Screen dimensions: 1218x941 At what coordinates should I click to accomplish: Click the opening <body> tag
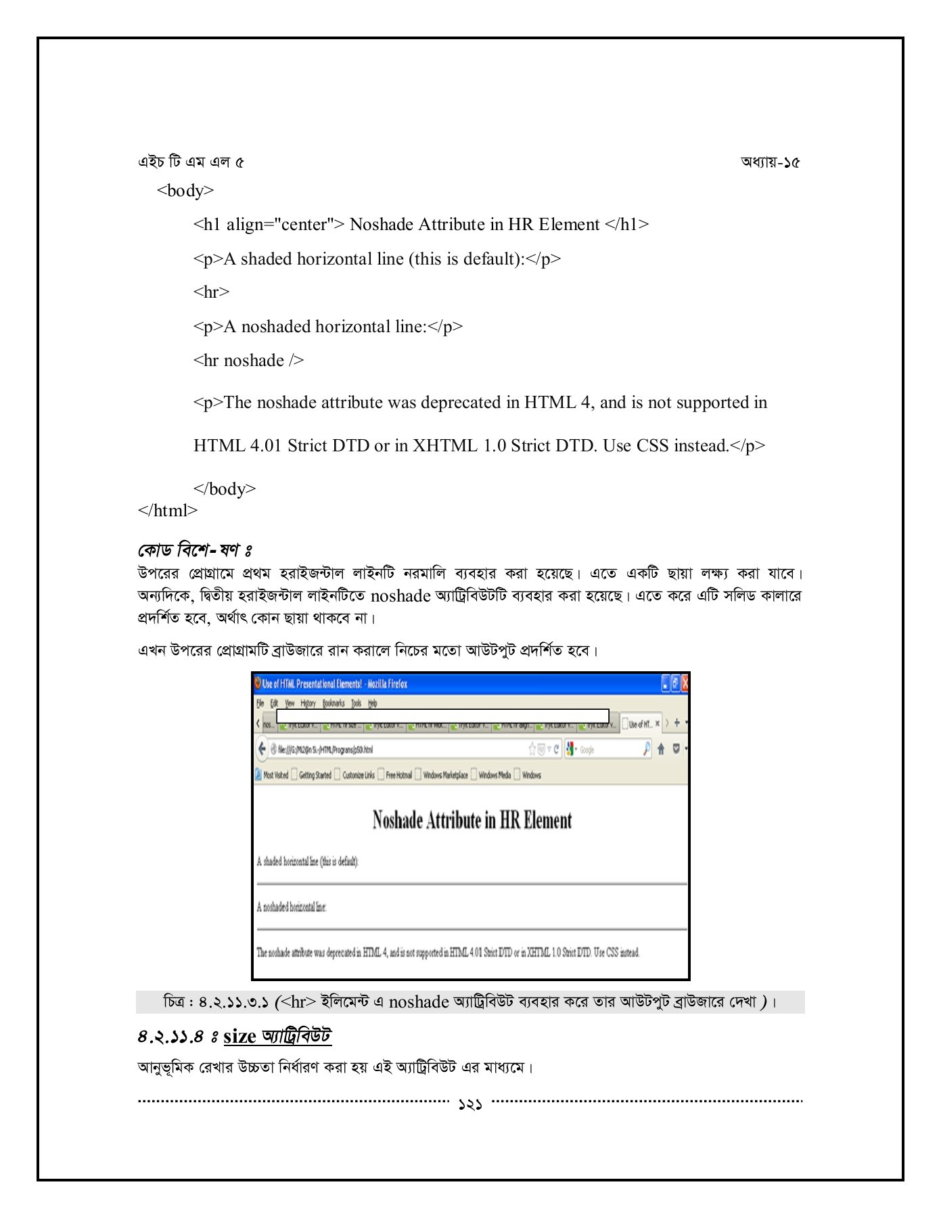185,191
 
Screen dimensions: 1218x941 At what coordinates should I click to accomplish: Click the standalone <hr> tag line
211,292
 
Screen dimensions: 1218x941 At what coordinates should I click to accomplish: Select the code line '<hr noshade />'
248,361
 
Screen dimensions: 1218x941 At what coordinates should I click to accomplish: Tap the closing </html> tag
167,510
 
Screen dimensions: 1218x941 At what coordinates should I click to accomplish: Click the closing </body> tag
225,489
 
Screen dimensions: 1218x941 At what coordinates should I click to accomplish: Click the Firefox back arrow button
262,748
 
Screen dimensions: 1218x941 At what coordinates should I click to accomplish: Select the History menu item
308,703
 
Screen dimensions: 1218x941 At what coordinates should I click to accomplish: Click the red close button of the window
685,683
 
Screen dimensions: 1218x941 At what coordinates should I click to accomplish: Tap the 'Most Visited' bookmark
275,775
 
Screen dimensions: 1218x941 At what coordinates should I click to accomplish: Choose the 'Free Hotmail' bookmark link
398,775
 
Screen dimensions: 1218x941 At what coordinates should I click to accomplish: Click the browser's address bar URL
325,749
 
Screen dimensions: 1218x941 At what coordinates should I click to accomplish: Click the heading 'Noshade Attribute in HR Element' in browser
472,820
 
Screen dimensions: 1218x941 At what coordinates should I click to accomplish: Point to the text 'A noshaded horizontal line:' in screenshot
292,907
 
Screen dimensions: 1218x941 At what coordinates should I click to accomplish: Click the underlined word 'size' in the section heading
239,1036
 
